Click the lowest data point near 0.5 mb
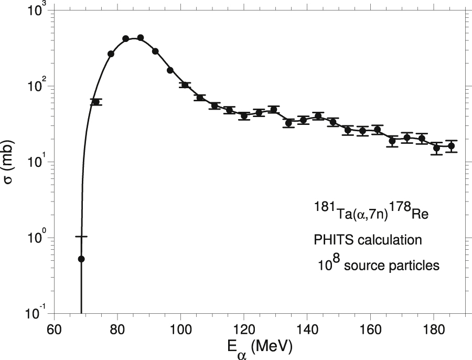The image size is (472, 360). click(81, 259)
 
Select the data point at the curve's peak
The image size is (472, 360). click(140, 38)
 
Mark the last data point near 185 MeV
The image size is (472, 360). click(451, 146)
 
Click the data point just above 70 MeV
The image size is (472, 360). click(95, 102)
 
